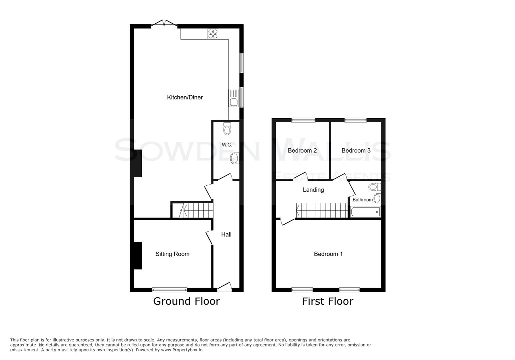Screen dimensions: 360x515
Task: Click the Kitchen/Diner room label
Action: click(185, 97)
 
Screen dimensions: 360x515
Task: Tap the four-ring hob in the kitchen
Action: click(213, 34)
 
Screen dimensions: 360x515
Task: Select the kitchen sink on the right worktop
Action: click(233, 102)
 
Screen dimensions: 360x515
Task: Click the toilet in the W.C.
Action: click(227, 128)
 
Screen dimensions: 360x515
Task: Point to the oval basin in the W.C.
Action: click(234, 158)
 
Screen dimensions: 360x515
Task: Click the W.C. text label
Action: click(227, 145)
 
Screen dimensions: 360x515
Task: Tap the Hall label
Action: click(226, 234)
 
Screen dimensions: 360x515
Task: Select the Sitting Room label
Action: click(172, 254)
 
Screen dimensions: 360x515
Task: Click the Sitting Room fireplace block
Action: click(138, 255)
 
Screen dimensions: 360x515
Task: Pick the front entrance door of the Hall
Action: click(224, 287)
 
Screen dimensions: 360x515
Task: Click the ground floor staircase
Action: click(192, 210)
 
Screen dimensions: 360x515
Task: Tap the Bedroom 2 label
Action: click(302, 151)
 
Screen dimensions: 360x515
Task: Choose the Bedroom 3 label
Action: click(356, 151)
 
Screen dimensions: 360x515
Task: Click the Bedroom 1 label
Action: click(328, 254)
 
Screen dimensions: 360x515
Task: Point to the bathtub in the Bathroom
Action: click(365, 212)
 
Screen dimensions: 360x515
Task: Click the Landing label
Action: click(313, 190)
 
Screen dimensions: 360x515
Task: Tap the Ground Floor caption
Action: click(186, 301)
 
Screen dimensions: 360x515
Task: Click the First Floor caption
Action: click(328, 301)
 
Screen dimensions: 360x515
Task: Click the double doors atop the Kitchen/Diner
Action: click(164, 24)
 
